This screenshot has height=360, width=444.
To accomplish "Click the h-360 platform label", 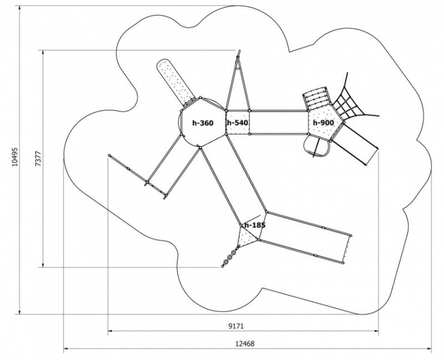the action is pyautogui.click(x=203, y=123).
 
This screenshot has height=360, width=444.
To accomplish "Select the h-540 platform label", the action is pyautogui.click(x=237, y=122).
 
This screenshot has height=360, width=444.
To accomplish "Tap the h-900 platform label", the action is pyautogui.click(x=323, y=122).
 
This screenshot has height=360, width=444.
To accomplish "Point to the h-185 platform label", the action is pyautogui.click(x=255, y=225).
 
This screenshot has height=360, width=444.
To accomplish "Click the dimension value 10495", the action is pyautogui.click(x=15, y=157).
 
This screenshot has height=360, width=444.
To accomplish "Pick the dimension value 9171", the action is pyautogui.click(x=236, y=326).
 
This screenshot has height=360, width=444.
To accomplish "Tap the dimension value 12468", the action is pyautogui.click(x=245, y=344).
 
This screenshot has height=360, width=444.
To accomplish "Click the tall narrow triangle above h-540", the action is pyautogui.click(x=238, y=82).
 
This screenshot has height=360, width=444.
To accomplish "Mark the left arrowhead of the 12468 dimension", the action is pyautogui.click(x=65, y=349).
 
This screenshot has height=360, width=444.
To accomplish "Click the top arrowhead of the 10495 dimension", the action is pyautogui.click(x=20, y=8).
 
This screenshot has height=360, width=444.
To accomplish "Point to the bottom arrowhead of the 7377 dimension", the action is pyautogui.click(x=43, y=265).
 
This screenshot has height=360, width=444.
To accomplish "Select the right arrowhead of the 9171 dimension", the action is pyautogui.click(x=376, y=331).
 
